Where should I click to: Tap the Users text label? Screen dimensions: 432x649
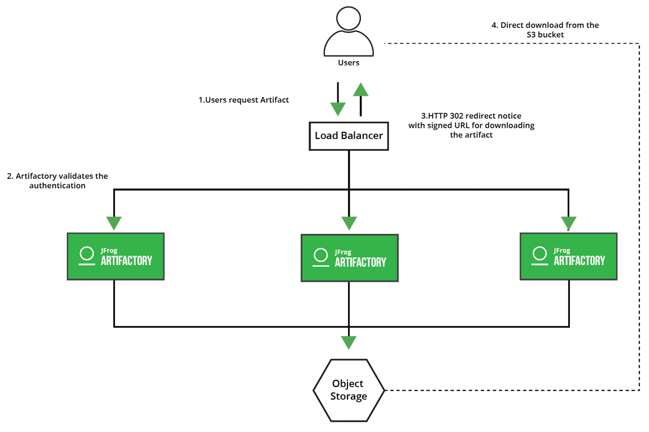pos(348,63)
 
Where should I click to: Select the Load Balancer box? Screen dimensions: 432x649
pos(349,136)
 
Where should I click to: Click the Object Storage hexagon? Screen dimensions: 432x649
pos(348,390)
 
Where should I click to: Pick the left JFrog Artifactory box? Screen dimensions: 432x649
pos(115,257)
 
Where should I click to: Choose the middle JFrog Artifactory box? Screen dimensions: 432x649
pos(349,258)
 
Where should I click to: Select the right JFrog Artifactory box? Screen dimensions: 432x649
pos(568,257)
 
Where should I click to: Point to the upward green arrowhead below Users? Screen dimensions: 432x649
pos(361,90)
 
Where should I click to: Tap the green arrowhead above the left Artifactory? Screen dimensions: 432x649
pos(114,223)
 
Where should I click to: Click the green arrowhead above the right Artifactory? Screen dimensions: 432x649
pos(568,223)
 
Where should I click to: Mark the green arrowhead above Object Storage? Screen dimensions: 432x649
pos(349,342)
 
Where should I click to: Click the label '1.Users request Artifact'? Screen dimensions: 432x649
pos(244,100)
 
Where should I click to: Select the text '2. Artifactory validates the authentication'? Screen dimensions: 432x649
pos(57,180)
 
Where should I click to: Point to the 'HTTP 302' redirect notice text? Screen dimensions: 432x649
pos(471,125)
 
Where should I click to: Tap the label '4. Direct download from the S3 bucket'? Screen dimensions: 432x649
pos(545,30)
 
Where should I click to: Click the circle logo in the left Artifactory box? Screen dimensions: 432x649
pos(87,254)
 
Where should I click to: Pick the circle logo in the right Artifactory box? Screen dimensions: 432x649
pos(540,254)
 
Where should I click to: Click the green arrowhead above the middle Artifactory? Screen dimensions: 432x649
pos(349,223)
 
